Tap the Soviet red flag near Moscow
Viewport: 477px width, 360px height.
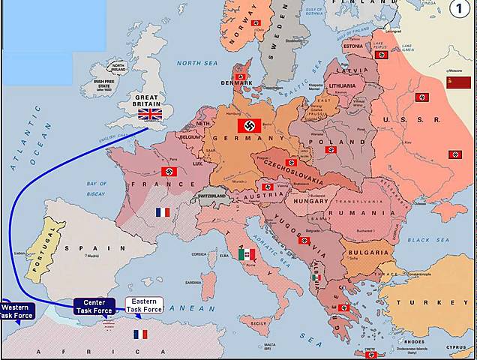458,82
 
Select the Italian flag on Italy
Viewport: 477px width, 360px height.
247,254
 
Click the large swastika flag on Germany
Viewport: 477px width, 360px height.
249,125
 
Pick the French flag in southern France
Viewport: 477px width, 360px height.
163,212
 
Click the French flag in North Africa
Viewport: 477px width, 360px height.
140,334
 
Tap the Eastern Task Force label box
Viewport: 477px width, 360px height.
144,305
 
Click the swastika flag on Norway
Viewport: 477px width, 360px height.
256,22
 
